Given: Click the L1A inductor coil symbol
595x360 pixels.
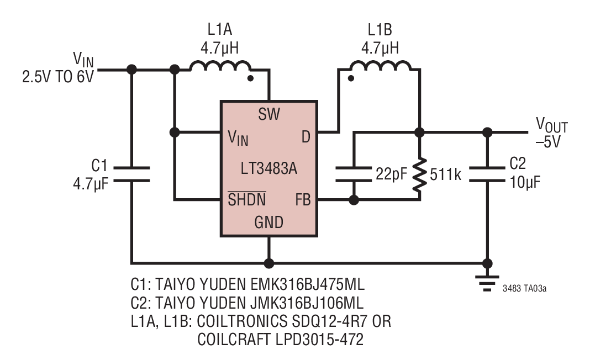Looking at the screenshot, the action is pos(220,66).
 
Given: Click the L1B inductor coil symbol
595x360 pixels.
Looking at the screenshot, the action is pos(380,66).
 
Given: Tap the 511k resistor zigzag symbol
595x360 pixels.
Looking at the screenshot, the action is pos(419,174).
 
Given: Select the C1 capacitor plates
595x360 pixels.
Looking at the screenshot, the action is pos(131,174).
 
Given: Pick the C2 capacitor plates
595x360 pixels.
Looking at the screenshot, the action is pos(487,174).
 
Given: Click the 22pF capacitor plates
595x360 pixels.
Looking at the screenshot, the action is pos(354,174).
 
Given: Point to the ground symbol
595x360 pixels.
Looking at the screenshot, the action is pos(487,284).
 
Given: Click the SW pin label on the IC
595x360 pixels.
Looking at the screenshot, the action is pos(269,114).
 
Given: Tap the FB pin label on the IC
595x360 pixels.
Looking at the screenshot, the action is pos(303,199).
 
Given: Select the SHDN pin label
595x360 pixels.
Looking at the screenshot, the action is pos(246,199).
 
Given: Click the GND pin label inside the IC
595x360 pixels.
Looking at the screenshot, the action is pos(268,223).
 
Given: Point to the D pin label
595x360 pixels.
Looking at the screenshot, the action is pos(306,137).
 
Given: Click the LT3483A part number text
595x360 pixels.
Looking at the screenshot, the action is pos(268,168).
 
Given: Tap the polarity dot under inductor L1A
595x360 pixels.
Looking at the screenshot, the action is pos(250,78).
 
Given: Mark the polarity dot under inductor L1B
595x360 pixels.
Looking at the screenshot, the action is pos(351,78).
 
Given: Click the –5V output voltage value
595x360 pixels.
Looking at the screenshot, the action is pos(548,142).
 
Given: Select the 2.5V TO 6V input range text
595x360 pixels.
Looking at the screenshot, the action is pos(58,77).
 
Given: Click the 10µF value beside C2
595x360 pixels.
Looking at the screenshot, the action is pos(525,182).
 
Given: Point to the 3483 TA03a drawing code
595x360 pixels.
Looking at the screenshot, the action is pos(524,289).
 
